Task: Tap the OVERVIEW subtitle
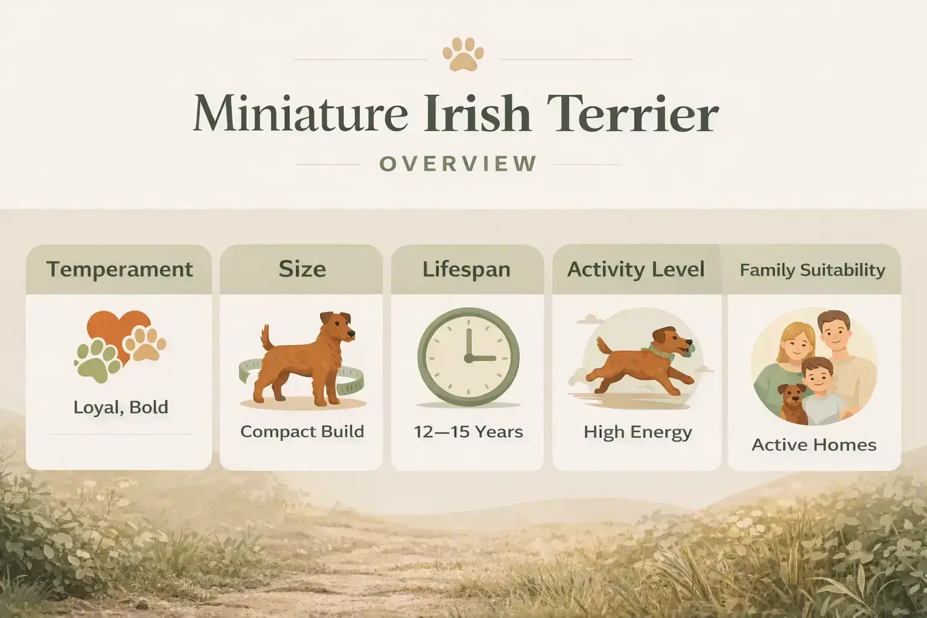tap(458, 164)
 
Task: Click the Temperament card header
tap(119, 269)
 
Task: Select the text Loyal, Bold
tap(121, 407)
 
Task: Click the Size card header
tap(302, 269)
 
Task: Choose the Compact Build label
tap(302, 432)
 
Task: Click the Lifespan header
tap(466, 269)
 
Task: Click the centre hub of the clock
tap(468, 358)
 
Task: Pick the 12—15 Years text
tap(468, 432)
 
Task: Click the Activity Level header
tap(636, 269)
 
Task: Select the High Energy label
tap(637, 432)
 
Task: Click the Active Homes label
tap(814, 445)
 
